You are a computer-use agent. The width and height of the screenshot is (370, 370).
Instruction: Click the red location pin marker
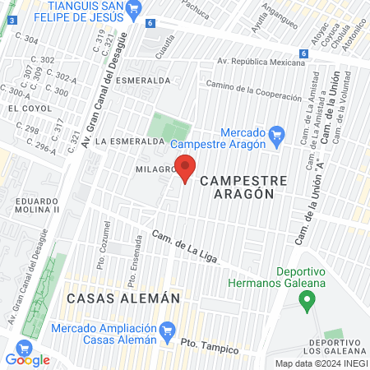[185, 170]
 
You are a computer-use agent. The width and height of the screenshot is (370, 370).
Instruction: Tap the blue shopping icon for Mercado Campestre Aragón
[276, 132]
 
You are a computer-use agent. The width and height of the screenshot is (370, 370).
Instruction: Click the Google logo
[27, 359]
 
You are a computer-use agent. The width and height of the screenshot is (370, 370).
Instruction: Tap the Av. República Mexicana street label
[255, 62]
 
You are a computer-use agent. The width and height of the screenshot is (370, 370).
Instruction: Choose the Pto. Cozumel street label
[104, 238]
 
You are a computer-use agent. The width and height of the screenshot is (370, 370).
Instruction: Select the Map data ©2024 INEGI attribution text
[321, 363]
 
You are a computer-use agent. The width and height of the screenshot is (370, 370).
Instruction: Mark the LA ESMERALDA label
[130, 141]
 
